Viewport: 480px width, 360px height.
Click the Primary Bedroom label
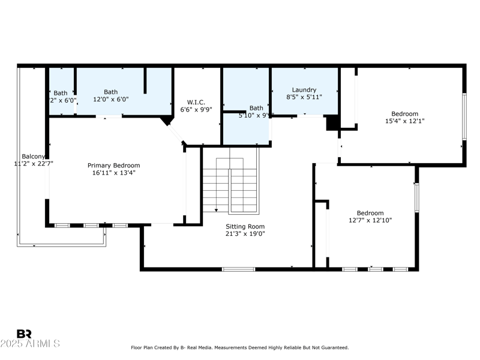click(114, 166)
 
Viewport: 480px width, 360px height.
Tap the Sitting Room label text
click(245, 226)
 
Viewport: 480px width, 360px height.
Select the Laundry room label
click(304, 90)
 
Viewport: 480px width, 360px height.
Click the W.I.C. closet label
click(196, 101)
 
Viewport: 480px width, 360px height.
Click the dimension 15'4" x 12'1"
click(405, 121)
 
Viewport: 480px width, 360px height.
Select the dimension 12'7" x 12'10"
click(370, 220)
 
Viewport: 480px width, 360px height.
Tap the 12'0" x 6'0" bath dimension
click(111, 100)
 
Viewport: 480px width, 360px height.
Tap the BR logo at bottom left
click(24, 334)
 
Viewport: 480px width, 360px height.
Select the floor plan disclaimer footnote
click(240, 347)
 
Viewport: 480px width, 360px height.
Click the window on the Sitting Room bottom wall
click(238, 269)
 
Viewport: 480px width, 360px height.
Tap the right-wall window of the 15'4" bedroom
click(464, 117)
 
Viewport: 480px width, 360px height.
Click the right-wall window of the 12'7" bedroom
click(416, 197)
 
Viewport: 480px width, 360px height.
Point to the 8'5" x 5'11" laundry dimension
click(304, 97)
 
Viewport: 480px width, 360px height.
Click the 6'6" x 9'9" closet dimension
click(196, 110)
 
